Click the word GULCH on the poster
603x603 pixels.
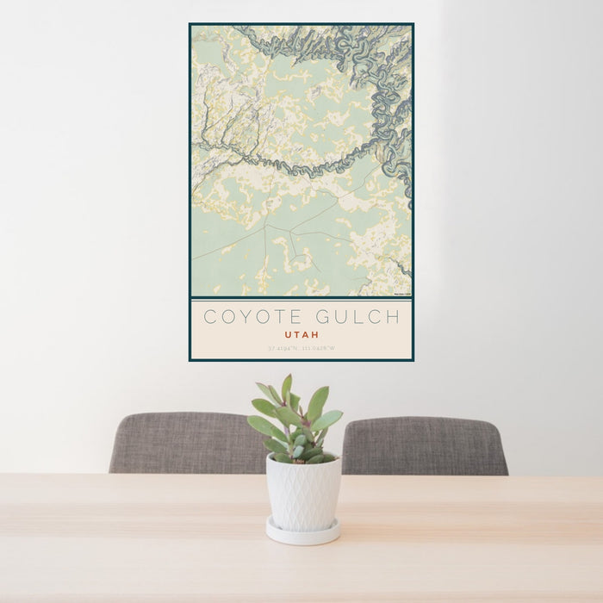(x=357, y=317)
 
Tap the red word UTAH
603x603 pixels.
(x=301, y=334)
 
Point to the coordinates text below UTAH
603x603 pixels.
(x=301, y=348)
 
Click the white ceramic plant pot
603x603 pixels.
(x=302, y=494)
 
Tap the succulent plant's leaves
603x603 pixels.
(x=295, y=422)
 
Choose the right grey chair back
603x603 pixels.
(x=424, y=445)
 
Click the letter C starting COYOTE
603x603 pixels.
(x=209, y=317)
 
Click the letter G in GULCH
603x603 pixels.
(x=321, y=317)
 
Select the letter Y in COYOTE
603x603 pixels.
(x=244, y=317)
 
